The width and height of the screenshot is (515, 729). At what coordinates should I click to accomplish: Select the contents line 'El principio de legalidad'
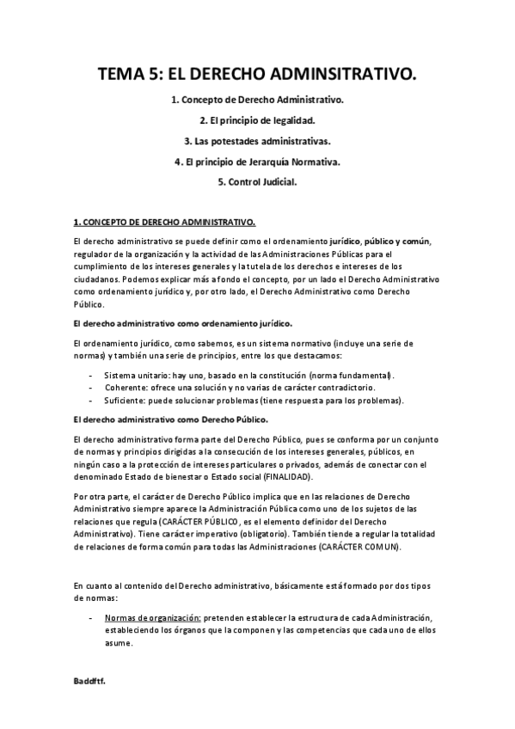[257, 120]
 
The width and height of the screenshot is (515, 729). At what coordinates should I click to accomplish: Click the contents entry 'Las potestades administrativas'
[257, 140]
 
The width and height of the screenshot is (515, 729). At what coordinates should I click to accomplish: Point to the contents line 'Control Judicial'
[257, 181]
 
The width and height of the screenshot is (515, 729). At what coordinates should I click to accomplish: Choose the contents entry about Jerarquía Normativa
[257, 161]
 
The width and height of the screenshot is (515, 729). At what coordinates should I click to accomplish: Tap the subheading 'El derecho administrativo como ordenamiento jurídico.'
[183, 323]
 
